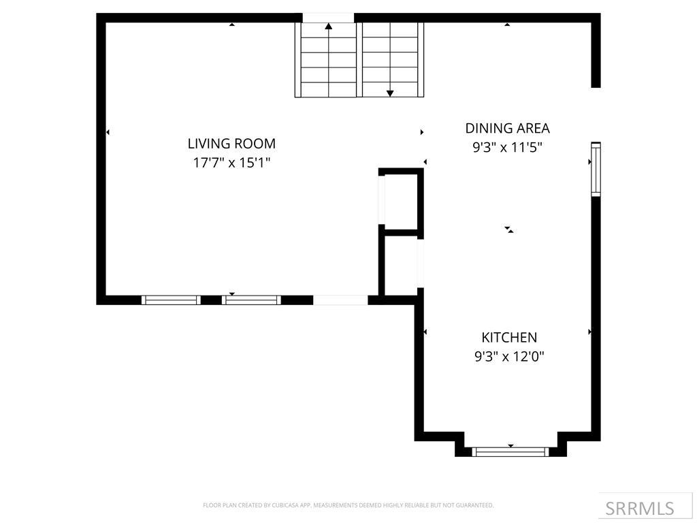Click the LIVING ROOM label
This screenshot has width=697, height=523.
[231, 144]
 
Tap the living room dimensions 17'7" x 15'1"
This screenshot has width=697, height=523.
[231, 163]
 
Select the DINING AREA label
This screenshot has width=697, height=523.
[507, 128]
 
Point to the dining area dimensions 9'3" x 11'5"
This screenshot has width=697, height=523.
[507, 148]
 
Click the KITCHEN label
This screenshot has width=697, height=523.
[509, 337]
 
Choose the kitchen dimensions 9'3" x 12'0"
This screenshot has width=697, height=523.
[509, 356]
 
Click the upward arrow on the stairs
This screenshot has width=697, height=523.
[329, 27]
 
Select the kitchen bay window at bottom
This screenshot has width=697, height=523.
[510, 451]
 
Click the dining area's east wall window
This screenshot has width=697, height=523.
[596, 170]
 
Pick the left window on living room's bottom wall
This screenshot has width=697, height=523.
[171, 300]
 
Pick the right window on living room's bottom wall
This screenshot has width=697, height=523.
[252, 300]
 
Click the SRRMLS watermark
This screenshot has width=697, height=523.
[639, 508]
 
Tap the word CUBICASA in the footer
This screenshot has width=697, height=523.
[280, 505]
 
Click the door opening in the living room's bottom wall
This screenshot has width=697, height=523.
[340, 300]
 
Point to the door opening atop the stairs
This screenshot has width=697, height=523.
[328, 18]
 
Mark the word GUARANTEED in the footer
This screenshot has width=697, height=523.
[476, 505]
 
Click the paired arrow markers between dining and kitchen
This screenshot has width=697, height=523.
[508, 229]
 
